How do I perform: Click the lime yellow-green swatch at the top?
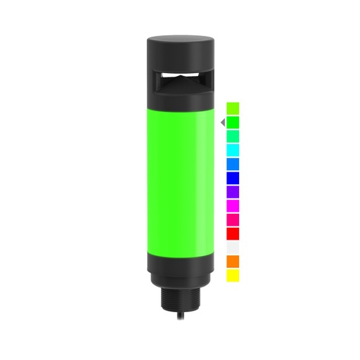click(x=233, y=108)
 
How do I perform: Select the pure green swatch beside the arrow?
click(x=233, y=122)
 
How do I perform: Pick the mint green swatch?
click(x=233, y=136)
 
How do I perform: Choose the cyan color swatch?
click(x=233, y=150)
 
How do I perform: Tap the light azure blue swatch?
click(x=233, y=164)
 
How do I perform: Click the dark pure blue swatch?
click(x=233, y=178)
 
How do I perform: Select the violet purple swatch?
click(x=233, y=191)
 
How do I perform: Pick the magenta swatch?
click(x=233, y=205)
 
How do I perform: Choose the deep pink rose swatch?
click(x=233, y=219)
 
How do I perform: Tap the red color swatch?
click(x=233, y=233)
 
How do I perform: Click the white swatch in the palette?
click(x=233, y=247)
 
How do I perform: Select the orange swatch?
click(x=233, y=262)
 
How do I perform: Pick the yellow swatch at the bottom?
click(x=233, y=276)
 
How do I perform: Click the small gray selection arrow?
click(x=222, y=122)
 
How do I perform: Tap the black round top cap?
click(x=179, y=49)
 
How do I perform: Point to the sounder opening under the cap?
click(x=180, y=77)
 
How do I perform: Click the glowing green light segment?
click(x=179, y=183)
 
